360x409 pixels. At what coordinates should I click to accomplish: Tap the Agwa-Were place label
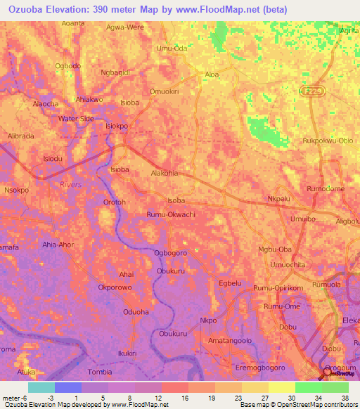[124, 27]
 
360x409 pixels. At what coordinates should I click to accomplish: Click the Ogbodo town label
[68, 66]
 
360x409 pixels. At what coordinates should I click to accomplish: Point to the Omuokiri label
[165, 91]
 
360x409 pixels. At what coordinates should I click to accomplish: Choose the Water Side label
[76, 119]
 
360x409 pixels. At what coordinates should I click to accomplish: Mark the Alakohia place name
[165, 172]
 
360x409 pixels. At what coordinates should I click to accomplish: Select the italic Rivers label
[71, 184]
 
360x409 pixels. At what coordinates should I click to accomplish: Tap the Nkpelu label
[279, 199]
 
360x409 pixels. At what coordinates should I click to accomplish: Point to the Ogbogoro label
[170, 253]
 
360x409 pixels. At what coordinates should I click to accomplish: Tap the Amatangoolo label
[230, 340]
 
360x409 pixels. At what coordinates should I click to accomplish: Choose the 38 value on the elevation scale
[345, 397]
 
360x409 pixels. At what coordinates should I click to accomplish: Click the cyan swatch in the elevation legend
[41, 387]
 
